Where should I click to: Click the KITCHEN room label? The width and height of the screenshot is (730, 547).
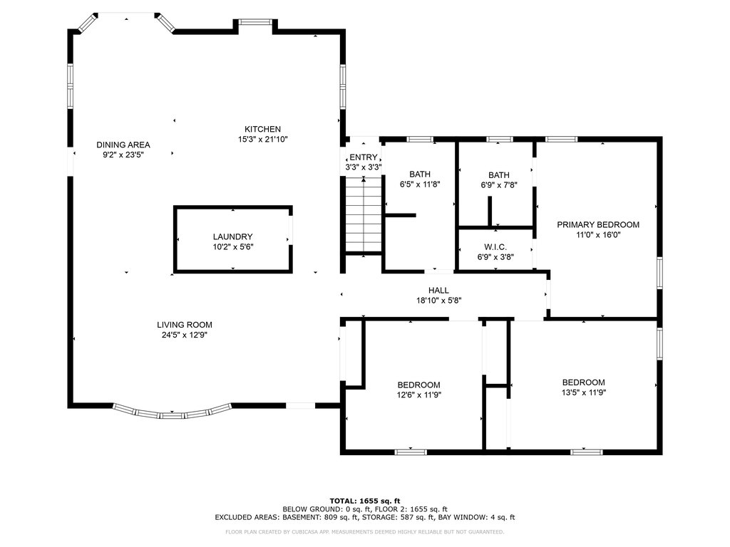click(262, 130)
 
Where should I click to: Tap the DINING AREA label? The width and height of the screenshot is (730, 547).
click(123, 145)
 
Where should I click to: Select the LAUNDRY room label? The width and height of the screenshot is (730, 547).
click(233, 236)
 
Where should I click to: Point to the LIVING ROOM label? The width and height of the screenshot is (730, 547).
click(185, 325)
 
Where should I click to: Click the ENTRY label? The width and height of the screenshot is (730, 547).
click(363, 157)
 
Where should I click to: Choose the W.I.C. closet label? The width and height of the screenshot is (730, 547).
click(495, 247)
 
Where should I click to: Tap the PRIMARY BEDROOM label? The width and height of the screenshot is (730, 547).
click(598, 224)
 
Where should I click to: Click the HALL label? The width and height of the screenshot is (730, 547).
click(438, 291)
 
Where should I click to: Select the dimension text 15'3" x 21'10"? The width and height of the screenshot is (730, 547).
click(262, 140)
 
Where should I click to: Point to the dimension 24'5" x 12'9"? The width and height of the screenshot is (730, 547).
click(185, 335)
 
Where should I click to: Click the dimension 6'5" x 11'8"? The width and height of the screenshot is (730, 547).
click(420, 184)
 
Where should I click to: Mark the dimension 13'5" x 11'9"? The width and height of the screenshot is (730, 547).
click(584, 392)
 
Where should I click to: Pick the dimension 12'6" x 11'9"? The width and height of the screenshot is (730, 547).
click(419, 395)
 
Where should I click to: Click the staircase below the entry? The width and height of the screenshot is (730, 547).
click(363, 215)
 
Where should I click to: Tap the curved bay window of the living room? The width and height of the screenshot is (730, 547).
click(173, 412)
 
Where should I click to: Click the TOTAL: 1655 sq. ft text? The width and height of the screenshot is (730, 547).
click(365, 501)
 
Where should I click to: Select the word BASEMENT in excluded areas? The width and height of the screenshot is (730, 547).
click(301, 517)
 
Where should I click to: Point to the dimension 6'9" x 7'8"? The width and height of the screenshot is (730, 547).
click(499, 185)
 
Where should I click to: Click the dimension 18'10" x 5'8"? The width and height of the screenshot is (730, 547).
click(438, 301)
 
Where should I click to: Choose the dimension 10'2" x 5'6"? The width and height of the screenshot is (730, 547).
click(233, 247)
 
